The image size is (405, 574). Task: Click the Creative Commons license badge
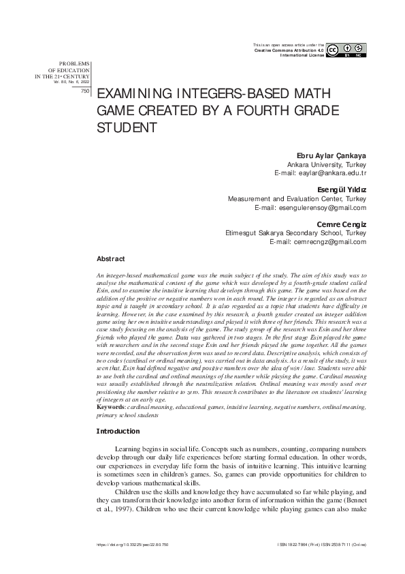[346, 50]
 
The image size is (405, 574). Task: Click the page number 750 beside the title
[85, 90]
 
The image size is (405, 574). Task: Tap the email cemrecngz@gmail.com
[319, 242]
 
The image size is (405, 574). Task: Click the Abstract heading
[111, 259]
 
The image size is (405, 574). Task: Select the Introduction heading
[118, 432]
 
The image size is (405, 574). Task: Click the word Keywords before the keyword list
[112, 407]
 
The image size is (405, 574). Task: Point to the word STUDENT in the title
[129, 127]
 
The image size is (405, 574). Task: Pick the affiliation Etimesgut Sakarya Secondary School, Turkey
[296, 233]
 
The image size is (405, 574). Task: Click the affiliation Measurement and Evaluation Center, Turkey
[297, 198]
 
